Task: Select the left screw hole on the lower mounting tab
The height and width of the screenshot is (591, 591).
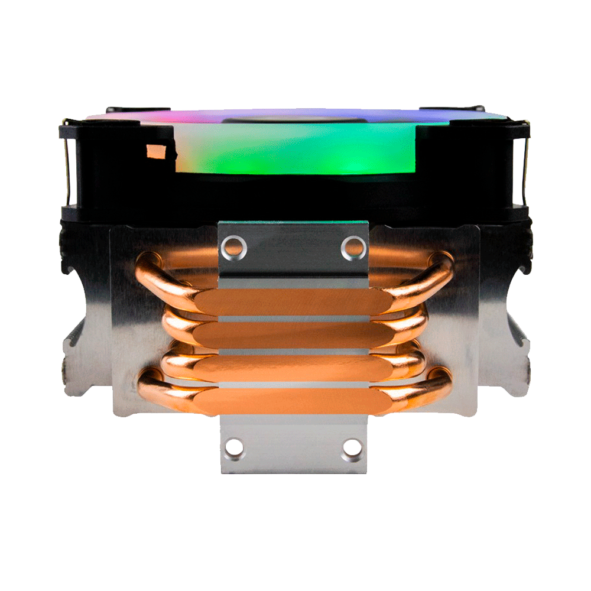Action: (x=235, y=447)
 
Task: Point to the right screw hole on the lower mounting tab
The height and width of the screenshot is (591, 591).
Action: (x=352, y=447)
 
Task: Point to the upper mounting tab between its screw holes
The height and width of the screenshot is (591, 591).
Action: (x=294, y=248)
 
